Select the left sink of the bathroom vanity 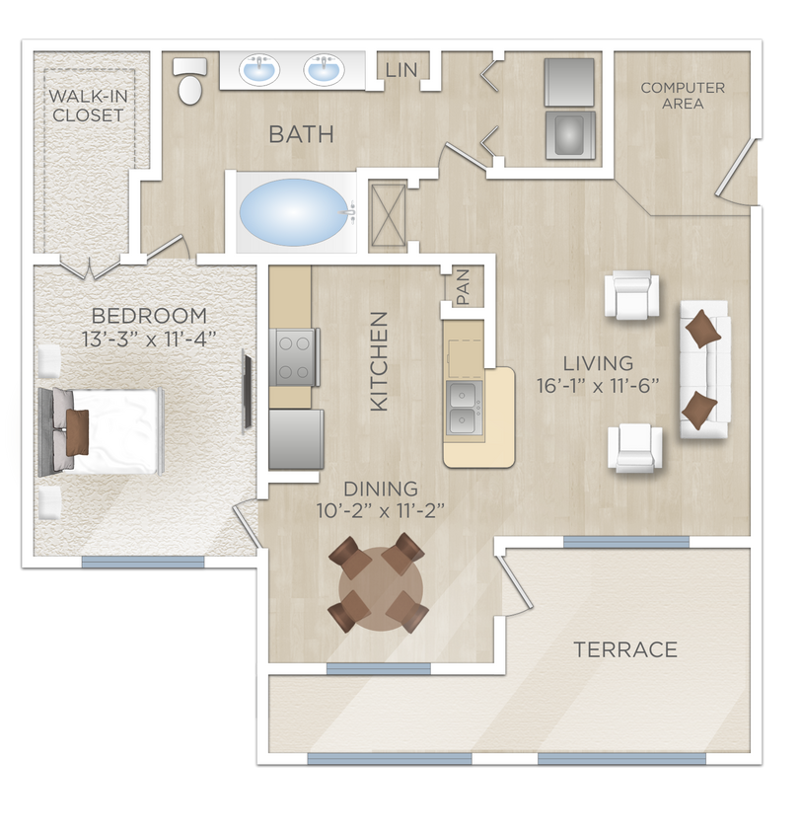[x=261, y=70]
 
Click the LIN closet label [x=401, y=70]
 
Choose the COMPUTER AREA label [x=683, y=95]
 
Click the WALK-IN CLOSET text [x=88, y=106]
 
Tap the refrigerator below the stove [x=295, y=439]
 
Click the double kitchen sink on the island [x=467, y=409]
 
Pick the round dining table [x=380, y=585]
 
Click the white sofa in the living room [x=703, y=369]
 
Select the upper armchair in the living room [x=631, y=295]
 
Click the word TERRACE [x=626, y=649]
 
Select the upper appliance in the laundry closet [x=570, y=82]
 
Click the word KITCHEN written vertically [x=380, y=361]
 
